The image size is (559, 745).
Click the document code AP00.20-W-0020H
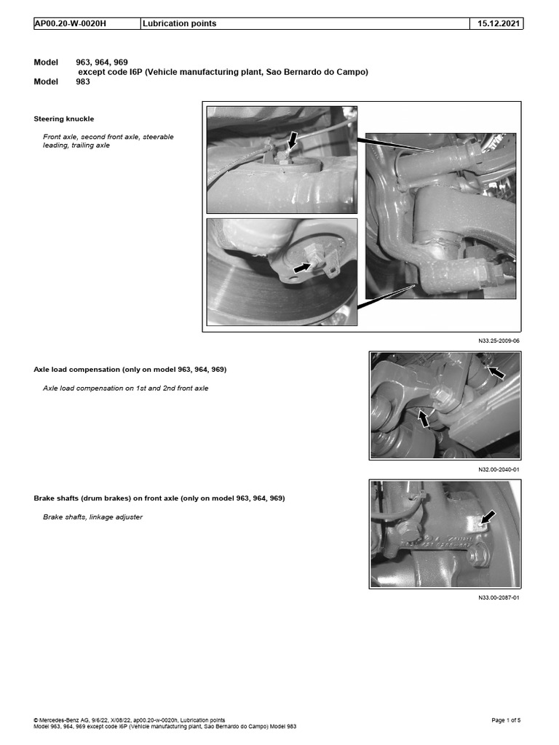click(x=70, y=23)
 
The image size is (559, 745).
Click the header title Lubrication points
click(x=180, y=23)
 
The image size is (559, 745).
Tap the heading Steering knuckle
click(x=64, y=119)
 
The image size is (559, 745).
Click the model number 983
click(x=84, y=82)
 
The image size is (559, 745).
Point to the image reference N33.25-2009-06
click(x=499, y=340)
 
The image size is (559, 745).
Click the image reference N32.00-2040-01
click(x=499, y=469)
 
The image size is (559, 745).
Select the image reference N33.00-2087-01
click(x=499, y=597)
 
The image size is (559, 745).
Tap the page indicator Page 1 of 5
click(x=506, y=720)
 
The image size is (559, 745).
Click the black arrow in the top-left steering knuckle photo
click(x=291, y=140)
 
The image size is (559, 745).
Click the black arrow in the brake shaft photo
click(x=487, y=517)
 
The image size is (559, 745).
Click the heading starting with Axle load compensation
click(x=130, y=370)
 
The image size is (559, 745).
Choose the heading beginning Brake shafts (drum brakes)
click(x=159, y=498)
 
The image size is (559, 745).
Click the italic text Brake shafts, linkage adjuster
click(x=92, y=517)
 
